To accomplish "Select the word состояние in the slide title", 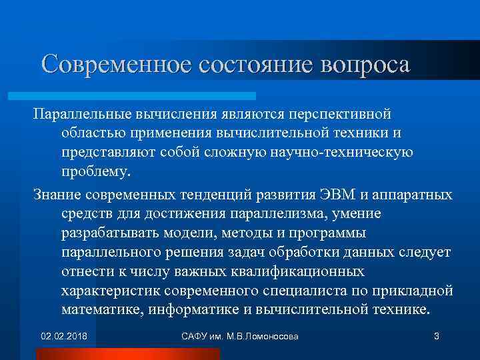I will (x=243, y=64).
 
